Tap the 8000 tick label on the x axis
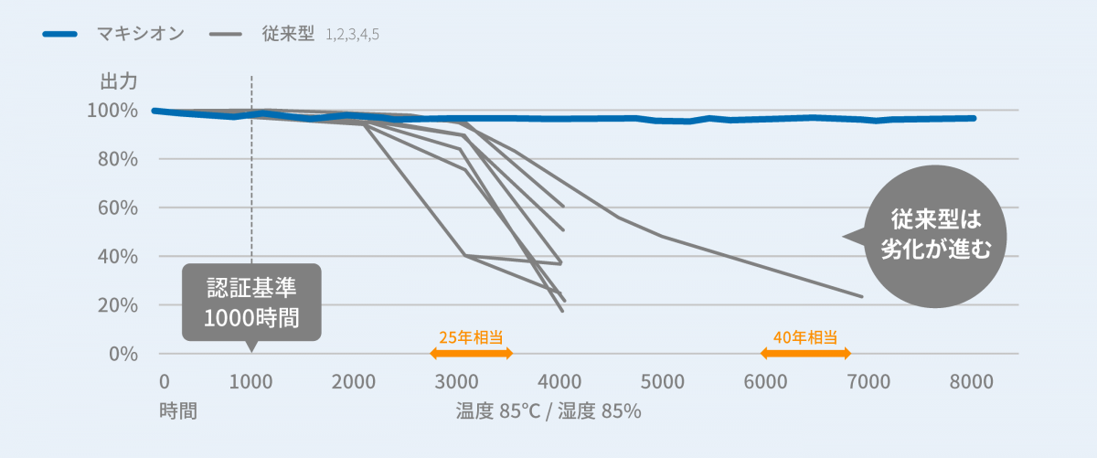tap(972, 382)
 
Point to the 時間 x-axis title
tap(177, 410)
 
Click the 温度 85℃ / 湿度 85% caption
tap(548, 410)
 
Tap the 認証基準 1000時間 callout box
tap(251, 302)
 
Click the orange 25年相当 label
tap(471, 336)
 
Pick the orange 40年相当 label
tap(805, 336)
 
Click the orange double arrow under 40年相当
tap(805, 353)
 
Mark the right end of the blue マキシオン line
tap(975, 118)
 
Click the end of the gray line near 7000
tap(861, 296)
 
